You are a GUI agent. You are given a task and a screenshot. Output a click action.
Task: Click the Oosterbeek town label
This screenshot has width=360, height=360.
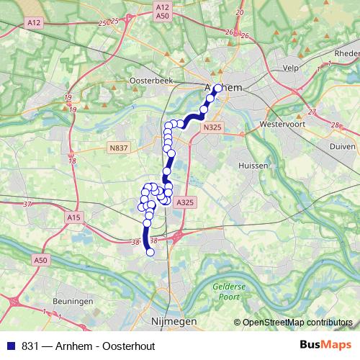tap(150, 81)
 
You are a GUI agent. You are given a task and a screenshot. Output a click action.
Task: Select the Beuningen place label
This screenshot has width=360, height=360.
tap(74, 300)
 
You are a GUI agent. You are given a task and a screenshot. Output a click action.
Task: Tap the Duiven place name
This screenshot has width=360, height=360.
tap(343, 145)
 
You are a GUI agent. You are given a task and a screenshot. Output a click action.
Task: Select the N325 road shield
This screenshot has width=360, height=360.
tap(212, 127)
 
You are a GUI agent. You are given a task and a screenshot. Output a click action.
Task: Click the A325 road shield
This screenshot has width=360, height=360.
tap(185, 203)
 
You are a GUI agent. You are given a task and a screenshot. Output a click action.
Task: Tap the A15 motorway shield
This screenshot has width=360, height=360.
tap(73, 216)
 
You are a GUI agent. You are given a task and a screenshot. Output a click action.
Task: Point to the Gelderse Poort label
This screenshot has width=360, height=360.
tap(230, 290)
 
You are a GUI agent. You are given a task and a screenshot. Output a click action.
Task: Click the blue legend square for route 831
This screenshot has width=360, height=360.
tap(12, 346)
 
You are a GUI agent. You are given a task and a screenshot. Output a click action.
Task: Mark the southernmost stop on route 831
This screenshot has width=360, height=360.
tap(150, 252)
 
